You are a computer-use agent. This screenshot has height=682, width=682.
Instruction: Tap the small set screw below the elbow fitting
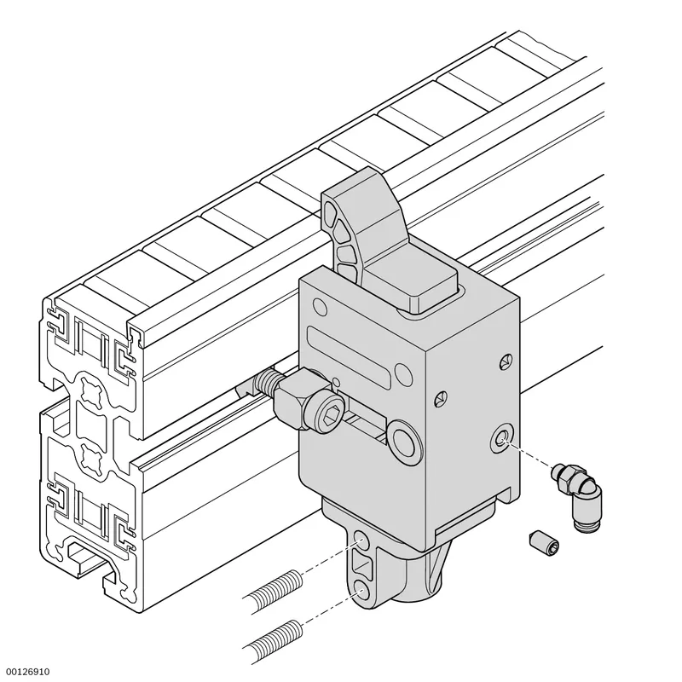544,543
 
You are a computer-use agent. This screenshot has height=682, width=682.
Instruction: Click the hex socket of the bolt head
328,419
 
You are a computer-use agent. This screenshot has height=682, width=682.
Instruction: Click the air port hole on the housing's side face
502,440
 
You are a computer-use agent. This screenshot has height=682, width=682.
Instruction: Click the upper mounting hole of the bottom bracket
361,542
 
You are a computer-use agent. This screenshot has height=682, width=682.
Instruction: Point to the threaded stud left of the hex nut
266,381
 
